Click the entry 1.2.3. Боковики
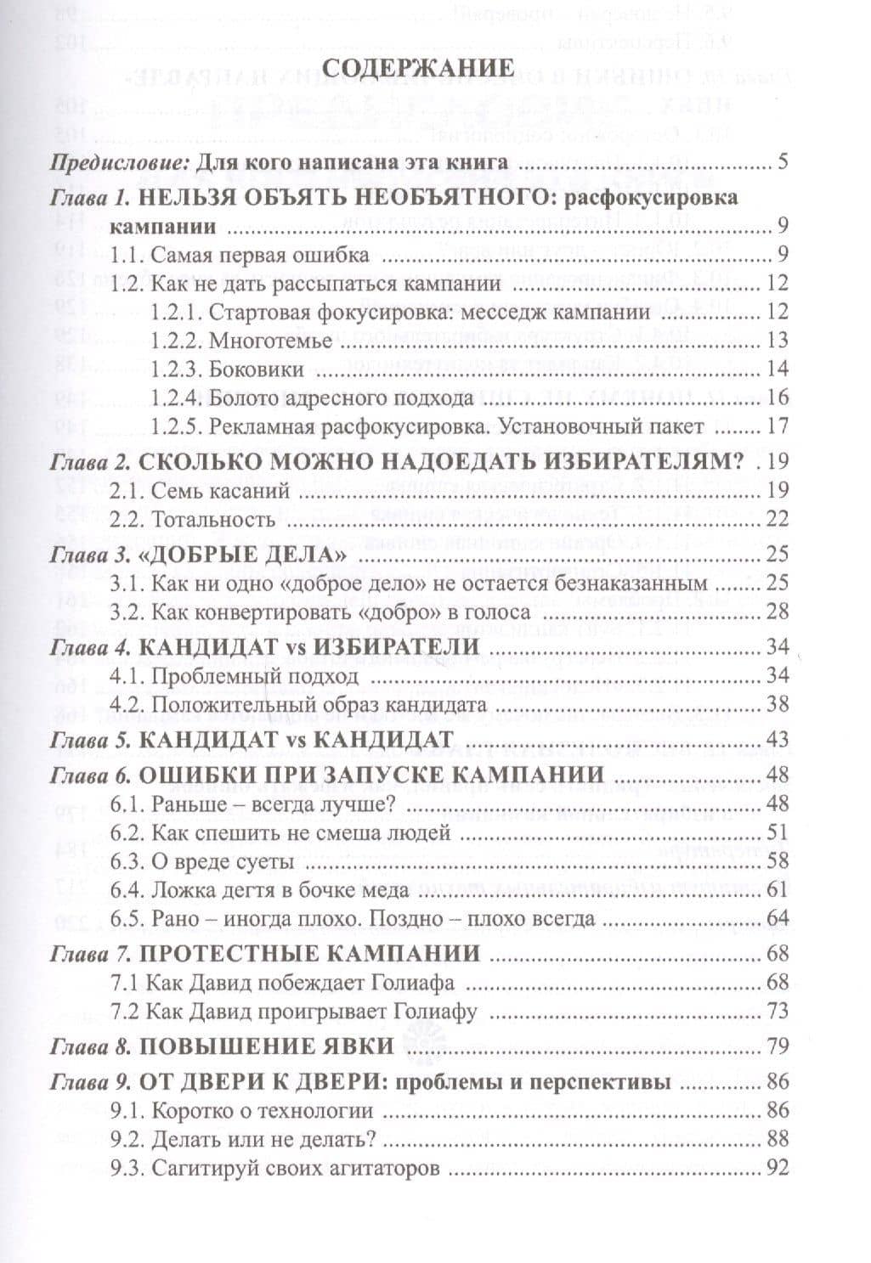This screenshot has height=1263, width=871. click(227, 369)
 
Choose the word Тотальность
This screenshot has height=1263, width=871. click(213, 519)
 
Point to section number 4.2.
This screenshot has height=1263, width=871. click(127, 704)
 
